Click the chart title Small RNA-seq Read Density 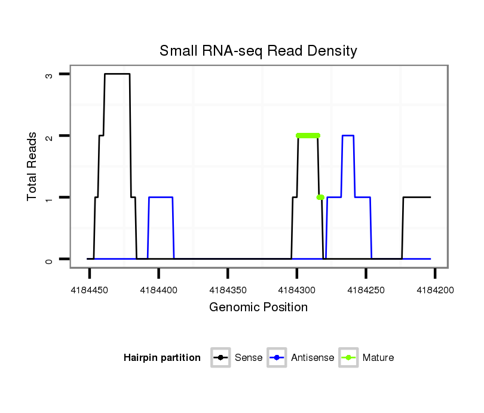[x=258, y=51]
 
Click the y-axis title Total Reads [x=32, y=166]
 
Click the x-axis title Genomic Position [x=258, y=308]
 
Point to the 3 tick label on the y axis [x=49, y=75]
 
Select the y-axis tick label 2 [x=49, y=136]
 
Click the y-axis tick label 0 [x=49, y=260]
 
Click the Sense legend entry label [x=249, y=358]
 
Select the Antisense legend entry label [x=313, y=358]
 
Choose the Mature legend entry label [x=378, y=358]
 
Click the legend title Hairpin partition [x=162, y=358]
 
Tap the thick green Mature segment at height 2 [x=308, y=135]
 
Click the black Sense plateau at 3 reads [x=117, y=74]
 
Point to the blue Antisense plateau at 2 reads [x=348, y=136]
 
